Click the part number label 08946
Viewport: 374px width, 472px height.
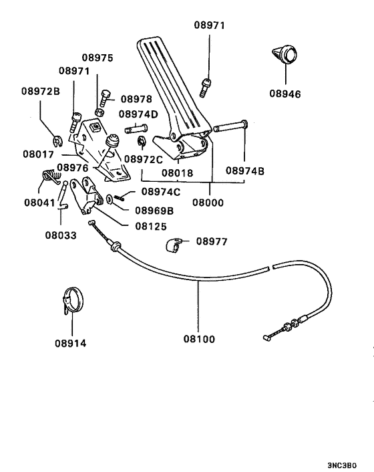click(285, 94)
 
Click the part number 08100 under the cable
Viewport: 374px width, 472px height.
click(199, 339)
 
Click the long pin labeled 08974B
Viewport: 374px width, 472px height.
click(230, 126)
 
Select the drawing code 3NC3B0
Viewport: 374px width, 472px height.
click(341, 464)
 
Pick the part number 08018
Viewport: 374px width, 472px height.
click(178, 172)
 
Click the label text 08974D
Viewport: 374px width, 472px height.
click(138, 114)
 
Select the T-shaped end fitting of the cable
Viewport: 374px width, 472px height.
click(268, 338)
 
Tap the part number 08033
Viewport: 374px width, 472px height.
click(61, 235)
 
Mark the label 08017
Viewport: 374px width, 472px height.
click(37, 154)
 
